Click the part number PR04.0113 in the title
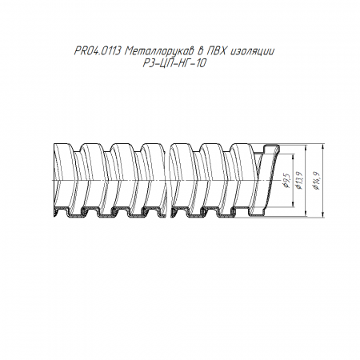point(98,50)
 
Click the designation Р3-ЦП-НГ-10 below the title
point(174,63)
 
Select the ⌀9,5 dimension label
point(286,180)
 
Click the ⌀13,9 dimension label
point(300,180)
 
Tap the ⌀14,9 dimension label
point(317,180)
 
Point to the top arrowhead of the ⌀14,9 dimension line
point(323,146)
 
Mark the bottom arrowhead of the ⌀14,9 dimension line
point(323,214)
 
